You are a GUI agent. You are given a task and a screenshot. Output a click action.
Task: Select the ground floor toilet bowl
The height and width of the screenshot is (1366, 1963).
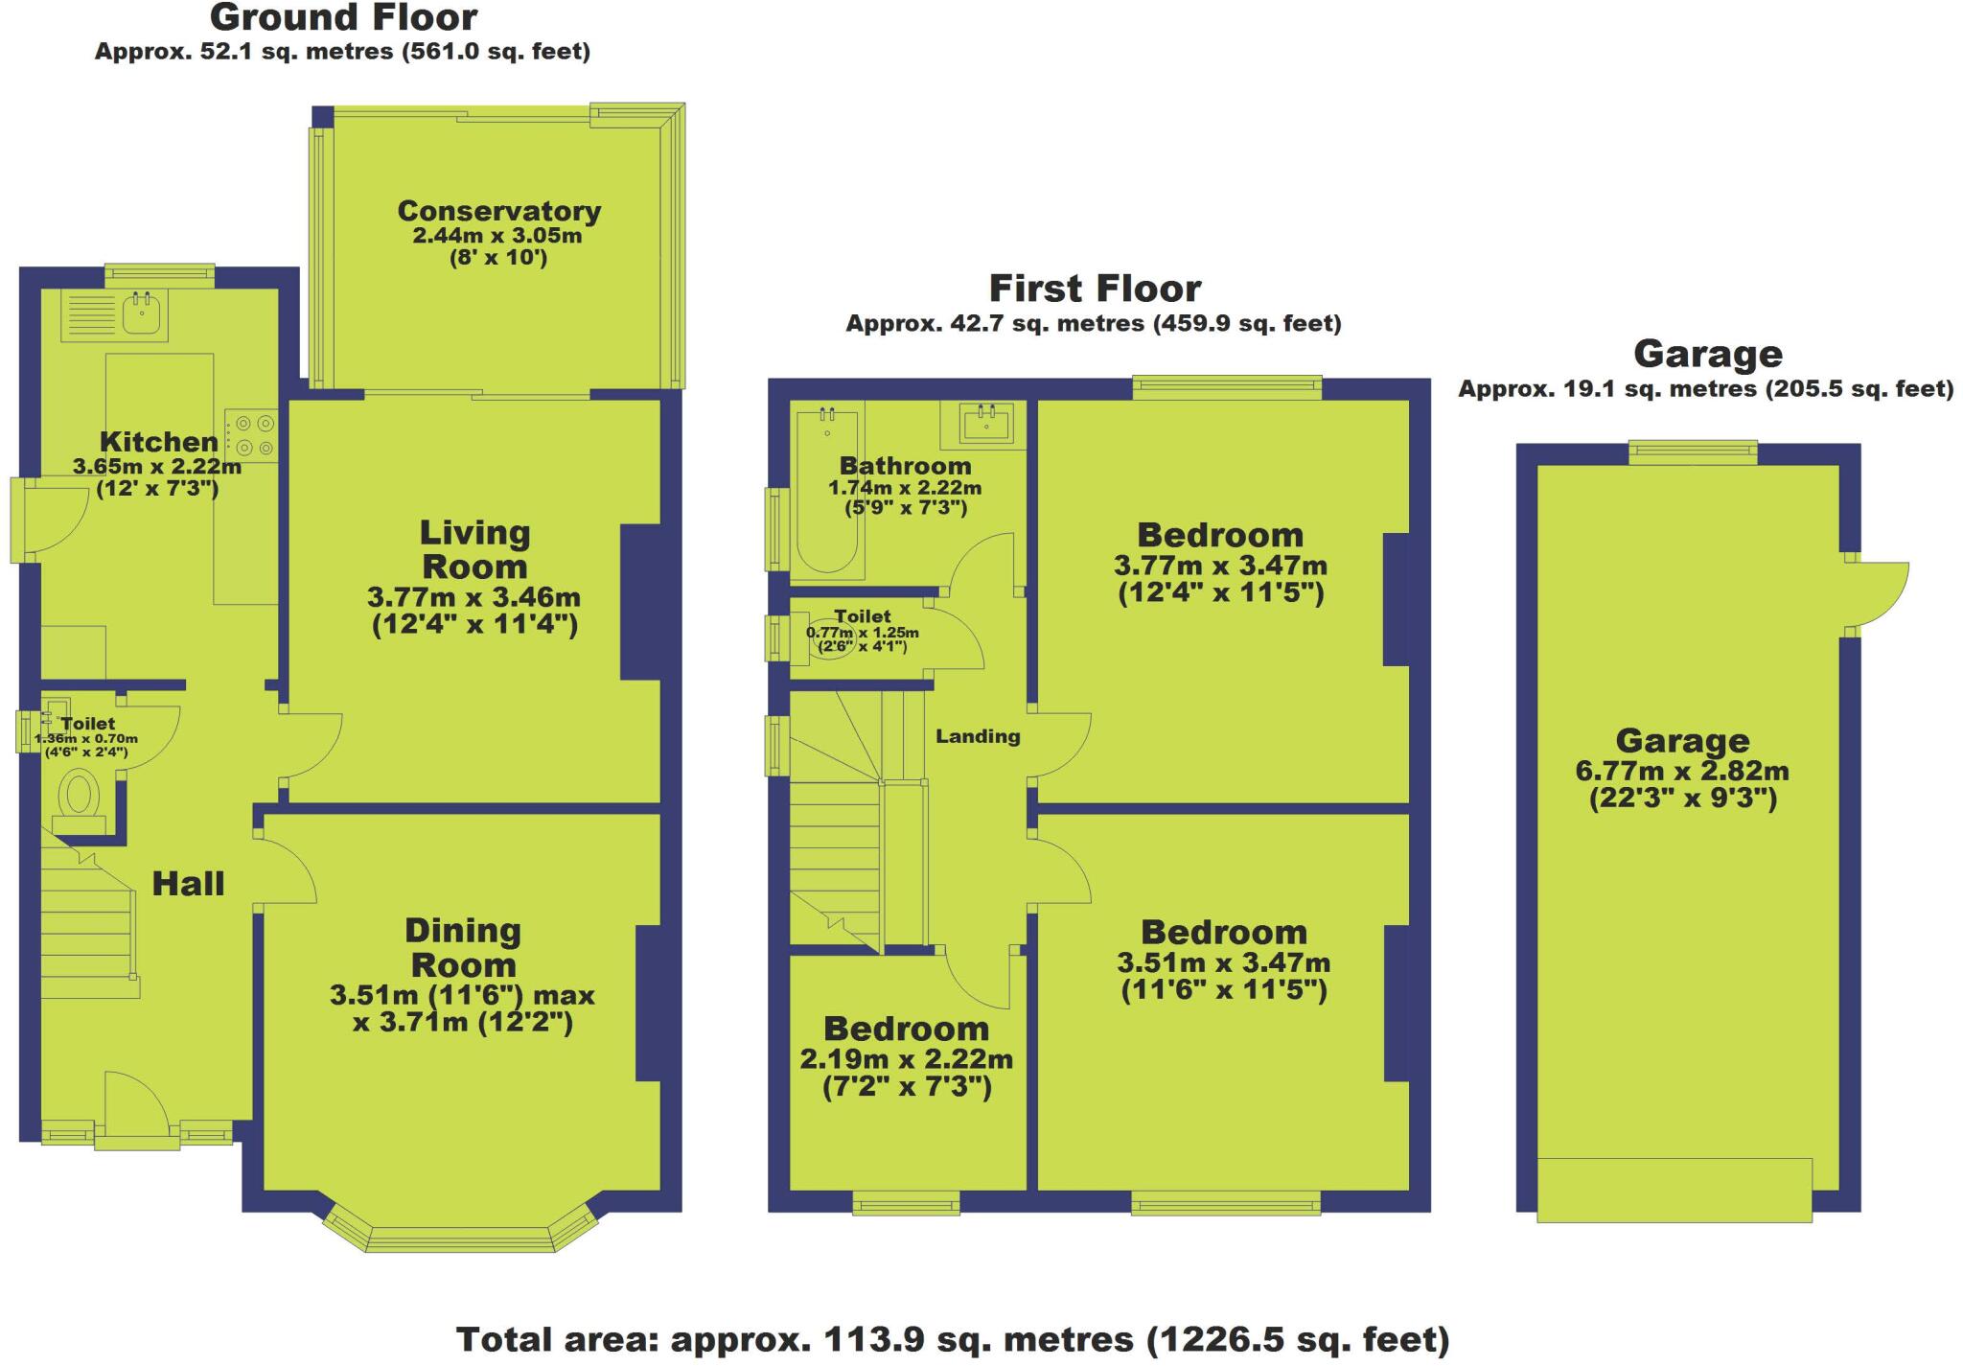[x=79, y=797]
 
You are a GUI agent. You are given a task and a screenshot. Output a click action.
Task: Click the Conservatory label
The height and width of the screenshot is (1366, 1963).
[x=498, y=211]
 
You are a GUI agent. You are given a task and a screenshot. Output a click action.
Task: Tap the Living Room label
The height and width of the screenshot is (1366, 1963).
[x=474, y=549]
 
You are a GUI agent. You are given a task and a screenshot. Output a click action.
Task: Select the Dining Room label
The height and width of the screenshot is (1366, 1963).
[x=463, y=947]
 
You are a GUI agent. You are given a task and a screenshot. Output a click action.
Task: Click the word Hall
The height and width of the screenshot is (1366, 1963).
[x=188, y=884]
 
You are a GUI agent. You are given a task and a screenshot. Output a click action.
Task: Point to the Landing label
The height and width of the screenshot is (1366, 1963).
[x=978, y=736]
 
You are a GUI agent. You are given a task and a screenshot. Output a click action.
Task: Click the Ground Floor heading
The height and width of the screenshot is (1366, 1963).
[x=343, y=18]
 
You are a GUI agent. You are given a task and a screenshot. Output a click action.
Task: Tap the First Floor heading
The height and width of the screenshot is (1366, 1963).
[x=1095, y=289]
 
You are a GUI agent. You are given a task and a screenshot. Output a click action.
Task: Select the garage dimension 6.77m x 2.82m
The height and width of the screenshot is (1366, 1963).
[x=1682, y=771]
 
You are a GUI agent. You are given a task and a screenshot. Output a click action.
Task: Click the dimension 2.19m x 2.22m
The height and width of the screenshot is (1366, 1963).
[x=906, y=1059]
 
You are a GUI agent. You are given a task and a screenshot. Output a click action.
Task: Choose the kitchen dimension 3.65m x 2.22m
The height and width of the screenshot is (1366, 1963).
[x=157, y=468]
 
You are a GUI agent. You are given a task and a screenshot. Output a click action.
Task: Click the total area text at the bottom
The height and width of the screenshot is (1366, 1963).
[x=952, y=1340]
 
